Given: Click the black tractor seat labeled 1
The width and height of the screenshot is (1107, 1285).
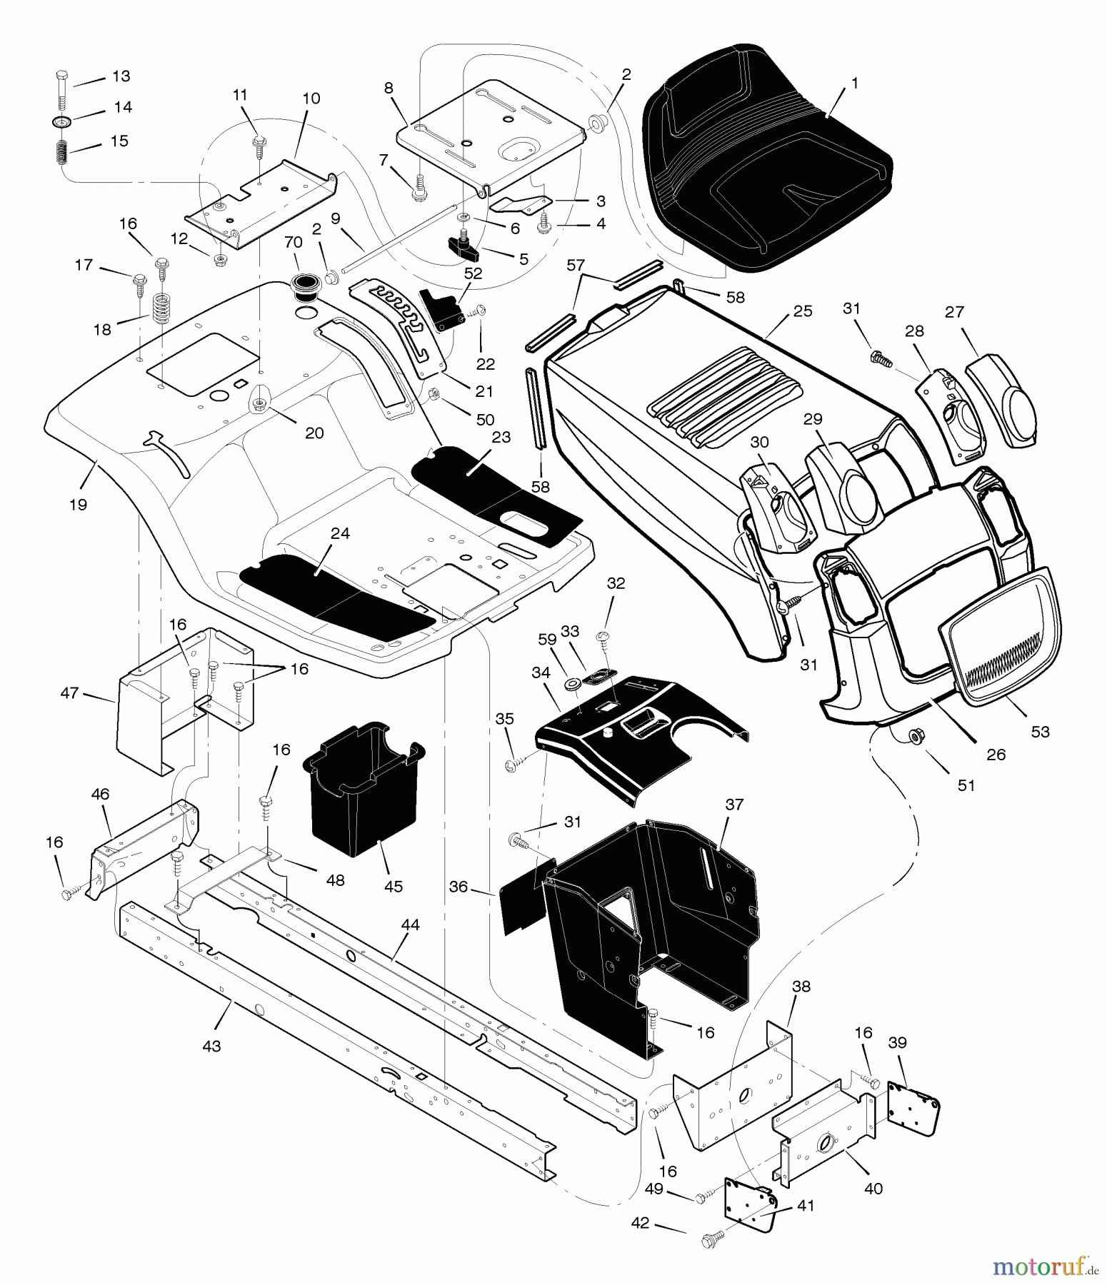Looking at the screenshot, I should (x=764, y=164).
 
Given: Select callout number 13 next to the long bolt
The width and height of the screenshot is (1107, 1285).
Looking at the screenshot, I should (x=121, y=76).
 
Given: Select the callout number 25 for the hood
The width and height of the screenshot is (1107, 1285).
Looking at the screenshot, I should (x=802, y=311).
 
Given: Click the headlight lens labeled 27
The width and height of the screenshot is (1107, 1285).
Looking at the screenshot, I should (x=1000, y=400).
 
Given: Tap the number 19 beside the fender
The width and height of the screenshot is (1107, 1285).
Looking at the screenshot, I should (x=78, y=505).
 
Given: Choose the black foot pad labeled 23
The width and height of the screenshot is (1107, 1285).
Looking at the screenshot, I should (x=493, y=485).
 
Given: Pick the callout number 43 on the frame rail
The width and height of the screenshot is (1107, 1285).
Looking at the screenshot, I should (x=211, y=1047).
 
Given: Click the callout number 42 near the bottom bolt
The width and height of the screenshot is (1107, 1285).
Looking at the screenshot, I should (x=640, y=1223).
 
